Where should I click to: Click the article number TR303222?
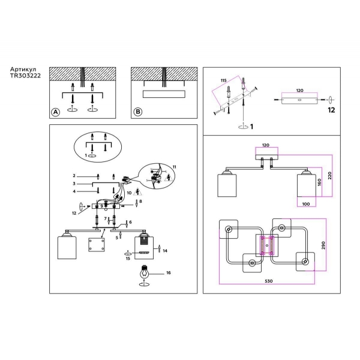click(x=25, y=76)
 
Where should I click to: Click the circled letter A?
click(x=55, y=112)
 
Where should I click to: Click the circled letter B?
click(x=138, y=112)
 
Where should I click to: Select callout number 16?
click(x=169, y=273)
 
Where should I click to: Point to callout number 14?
click(x=165, y=251)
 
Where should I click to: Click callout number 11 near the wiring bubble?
click(x=175, y=167)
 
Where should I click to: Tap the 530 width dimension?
click(x=269, y=281)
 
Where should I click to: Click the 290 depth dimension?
click(x=323, y=245)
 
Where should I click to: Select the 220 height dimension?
click(x=329, y=176)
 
